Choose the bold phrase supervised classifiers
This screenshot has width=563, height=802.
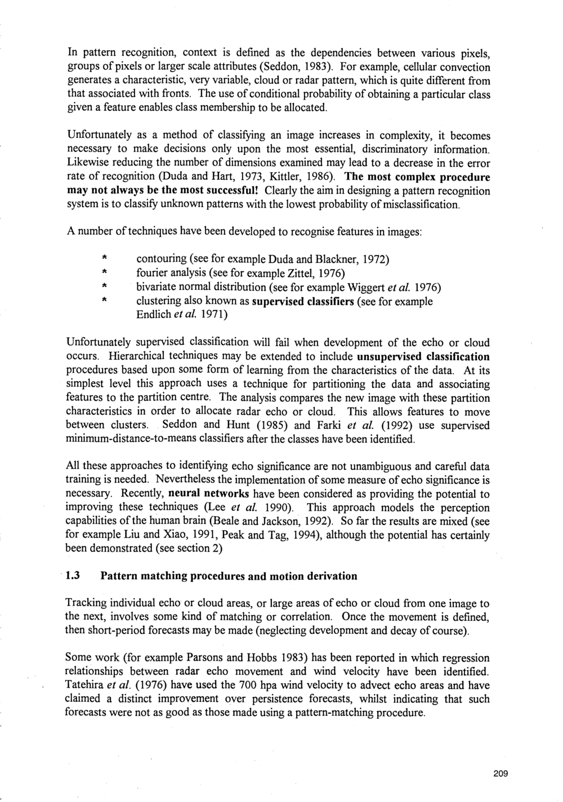(x=302, y=302)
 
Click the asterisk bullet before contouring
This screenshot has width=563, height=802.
(x=105, y=259)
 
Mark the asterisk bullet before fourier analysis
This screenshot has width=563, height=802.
(x=105, y=274)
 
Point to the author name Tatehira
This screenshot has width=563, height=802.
(x=87, y=685)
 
